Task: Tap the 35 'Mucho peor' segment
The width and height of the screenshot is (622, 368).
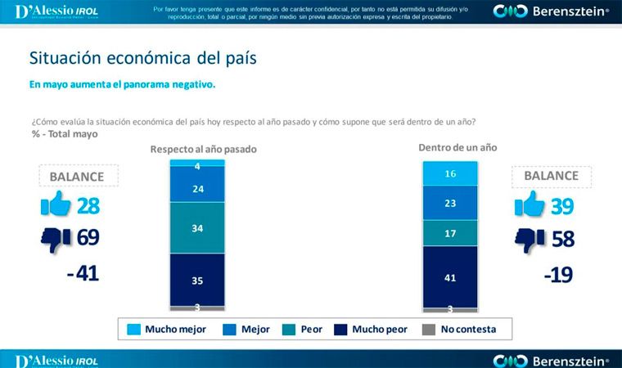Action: pos(197,279)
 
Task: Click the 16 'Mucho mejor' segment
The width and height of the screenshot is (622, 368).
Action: pos(450,173)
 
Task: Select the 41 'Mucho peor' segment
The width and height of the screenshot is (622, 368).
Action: pos(450,276)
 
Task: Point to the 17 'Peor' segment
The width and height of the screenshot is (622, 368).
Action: pos(450,232)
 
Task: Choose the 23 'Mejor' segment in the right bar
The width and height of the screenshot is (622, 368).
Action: pos(450,203)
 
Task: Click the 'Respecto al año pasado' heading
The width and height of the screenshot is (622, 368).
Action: pos(204,150)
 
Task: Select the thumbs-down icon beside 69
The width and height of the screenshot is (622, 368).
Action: pos(56,239)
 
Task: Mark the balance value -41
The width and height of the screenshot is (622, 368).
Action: pos(83,273)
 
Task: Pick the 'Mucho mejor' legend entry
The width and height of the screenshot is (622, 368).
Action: pos(167,330)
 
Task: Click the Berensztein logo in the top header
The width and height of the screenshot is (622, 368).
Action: pos(551,11)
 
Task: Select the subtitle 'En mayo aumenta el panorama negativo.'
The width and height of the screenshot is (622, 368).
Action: pos(123,84)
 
